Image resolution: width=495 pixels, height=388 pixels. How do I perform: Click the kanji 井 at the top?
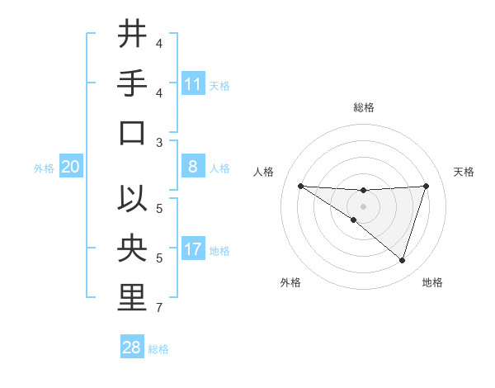(x=132, y=34)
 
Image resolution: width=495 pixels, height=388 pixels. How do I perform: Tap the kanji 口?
(x=132, y=133)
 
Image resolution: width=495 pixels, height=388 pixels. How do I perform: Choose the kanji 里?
(x=132, y=298)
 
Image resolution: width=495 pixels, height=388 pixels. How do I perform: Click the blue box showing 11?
(x=193, y=83)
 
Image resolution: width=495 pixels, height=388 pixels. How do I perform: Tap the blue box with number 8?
(x=193, y=167)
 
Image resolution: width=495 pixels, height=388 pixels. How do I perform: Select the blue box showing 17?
(x=193, y=249)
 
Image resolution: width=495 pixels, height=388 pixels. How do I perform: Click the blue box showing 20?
(x=70, y=167)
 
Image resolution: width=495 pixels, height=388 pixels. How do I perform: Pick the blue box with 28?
(x=132, y=347)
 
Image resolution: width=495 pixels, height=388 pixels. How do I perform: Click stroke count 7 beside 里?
(x=159, y=309)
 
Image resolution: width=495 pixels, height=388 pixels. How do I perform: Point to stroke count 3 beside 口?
(x=159, y=142)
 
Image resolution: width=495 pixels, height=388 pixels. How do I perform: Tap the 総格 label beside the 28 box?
(x=158, y=348)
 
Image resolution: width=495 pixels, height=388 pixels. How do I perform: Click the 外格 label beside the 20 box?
(x=44, y=168)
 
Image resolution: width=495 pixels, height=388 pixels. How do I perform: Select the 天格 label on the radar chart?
(x=464, y=172)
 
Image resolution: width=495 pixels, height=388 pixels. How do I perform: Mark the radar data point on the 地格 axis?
(x=402, y=260)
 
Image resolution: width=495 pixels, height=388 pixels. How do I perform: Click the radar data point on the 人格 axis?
(x=300, y=186)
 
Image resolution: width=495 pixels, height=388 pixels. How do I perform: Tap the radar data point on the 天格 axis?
(x=426, y=186)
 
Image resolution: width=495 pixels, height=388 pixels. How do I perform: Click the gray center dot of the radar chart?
(x=363, y=206)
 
